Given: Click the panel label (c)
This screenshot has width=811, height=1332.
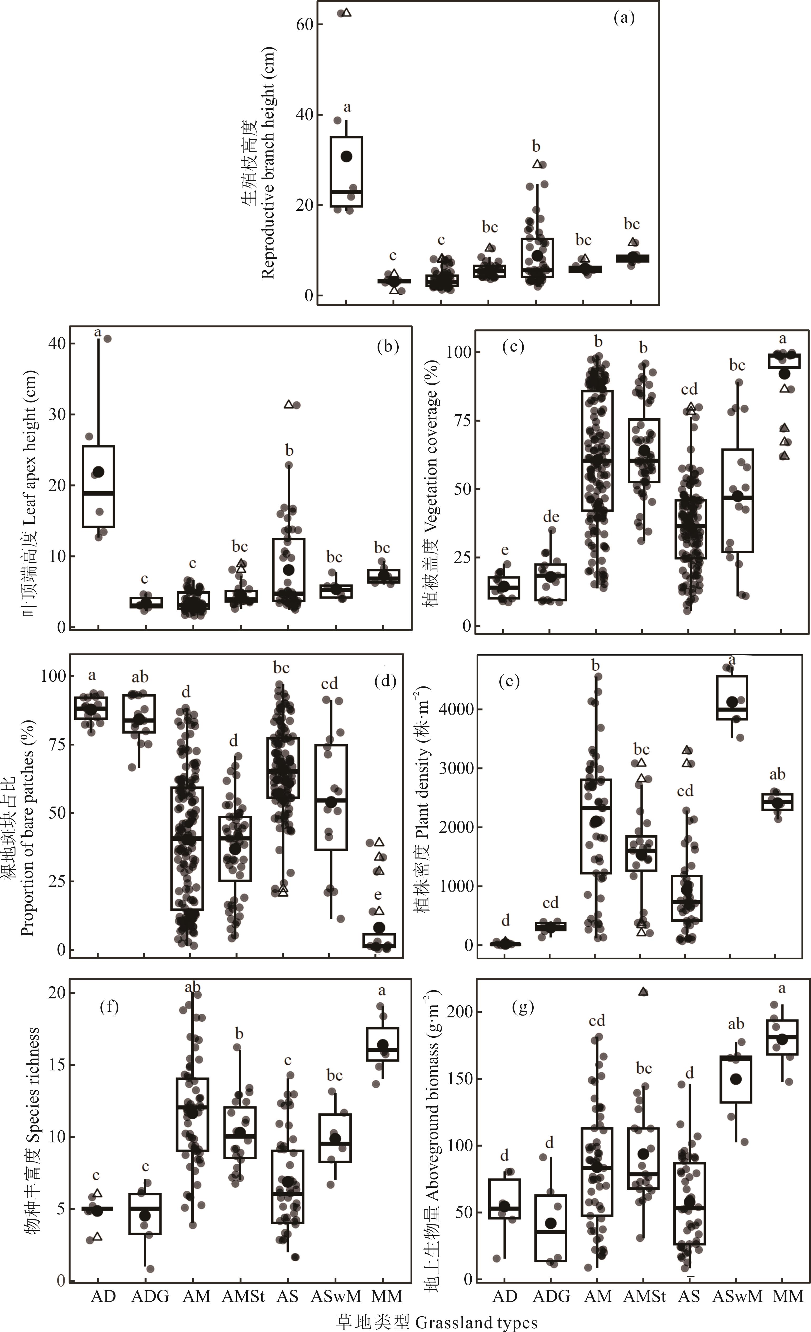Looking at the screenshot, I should (513, 347).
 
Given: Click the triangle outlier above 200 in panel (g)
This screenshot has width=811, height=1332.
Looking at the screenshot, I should (644, 992).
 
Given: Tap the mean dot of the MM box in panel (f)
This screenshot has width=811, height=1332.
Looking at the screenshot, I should (383, 1045).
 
